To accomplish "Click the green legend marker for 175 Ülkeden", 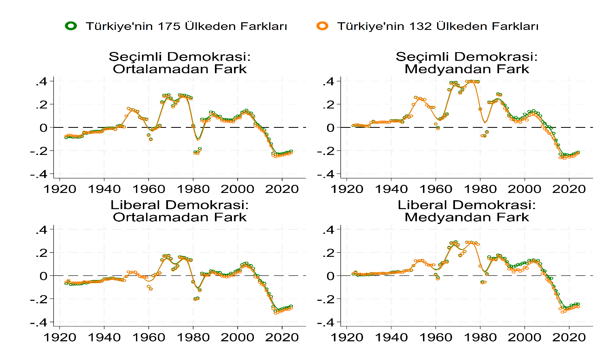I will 71,26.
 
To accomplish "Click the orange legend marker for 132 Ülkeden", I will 323,26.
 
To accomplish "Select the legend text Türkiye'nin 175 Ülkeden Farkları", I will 186,26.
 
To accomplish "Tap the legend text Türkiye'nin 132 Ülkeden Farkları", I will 438,26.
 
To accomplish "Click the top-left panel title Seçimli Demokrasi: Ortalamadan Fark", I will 180,63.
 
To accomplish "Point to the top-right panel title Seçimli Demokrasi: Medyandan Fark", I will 467,63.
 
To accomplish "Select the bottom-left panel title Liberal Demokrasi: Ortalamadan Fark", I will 180,211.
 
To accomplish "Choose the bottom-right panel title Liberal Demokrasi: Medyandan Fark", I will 467,211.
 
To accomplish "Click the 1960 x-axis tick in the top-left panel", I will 149,189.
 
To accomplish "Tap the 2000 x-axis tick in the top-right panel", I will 525,189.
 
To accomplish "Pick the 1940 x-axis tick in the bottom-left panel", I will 104,337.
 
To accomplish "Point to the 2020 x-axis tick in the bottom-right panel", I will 569,337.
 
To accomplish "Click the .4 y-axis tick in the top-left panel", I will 42,82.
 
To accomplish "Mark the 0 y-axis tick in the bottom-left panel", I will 44,276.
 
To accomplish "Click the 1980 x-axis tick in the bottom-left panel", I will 193,337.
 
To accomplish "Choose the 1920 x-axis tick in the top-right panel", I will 347,189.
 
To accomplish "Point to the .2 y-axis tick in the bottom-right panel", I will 329,253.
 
